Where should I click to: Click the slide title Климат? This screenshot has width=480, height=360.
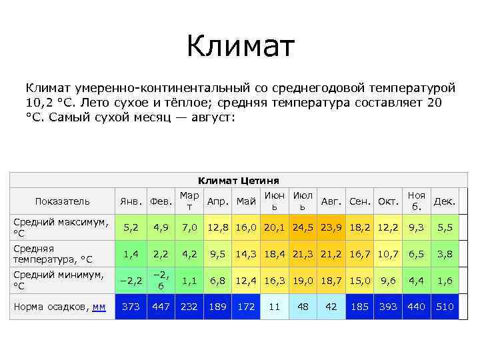pyautogui.click(x=240, y=47)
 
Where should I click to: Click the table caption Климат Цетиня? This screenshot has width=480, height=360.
pyautogui.click(x=239, y=181)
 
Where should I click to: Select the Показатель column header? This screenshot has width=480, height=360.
pyautogui.click(x=62, y=201)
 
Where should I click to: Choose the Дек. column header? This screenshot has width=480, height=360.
pyautogui.click(x=445, y=201)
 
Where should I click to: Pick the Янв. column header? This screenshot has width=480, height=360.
pyautogui.click(x=131, y=201)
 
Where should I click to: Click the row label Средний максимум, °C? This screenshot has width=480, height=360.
pyautogui.click(x=61, y=227)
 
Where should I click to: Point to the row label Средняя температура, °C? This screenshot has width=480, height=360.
pyautogui.click(x=53, y=253)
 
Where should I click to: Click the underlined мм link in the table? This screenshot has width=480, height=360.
pyautogui.click(x=99, y=307)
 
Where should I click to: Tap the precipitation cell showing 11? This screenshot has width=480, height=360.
pyautogui.click(x=274, y=307)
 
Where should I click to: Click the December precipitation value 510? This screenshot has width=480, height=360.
pyautogui.click(x=445, y=307)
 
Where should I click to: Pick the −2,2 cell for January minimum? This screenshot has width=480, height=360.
pyautogui.click(x=131, y=280)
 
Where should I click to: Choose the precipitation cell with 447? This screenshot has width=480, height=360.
pyautogui.click(x=161, y=307)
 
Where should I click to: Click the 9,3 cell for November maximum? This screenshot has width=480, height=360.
pyautogui.click(x=417, y=227)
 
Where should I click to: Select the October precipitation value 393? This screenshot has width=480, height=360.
pyautogui.click(x=388, y=307)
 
